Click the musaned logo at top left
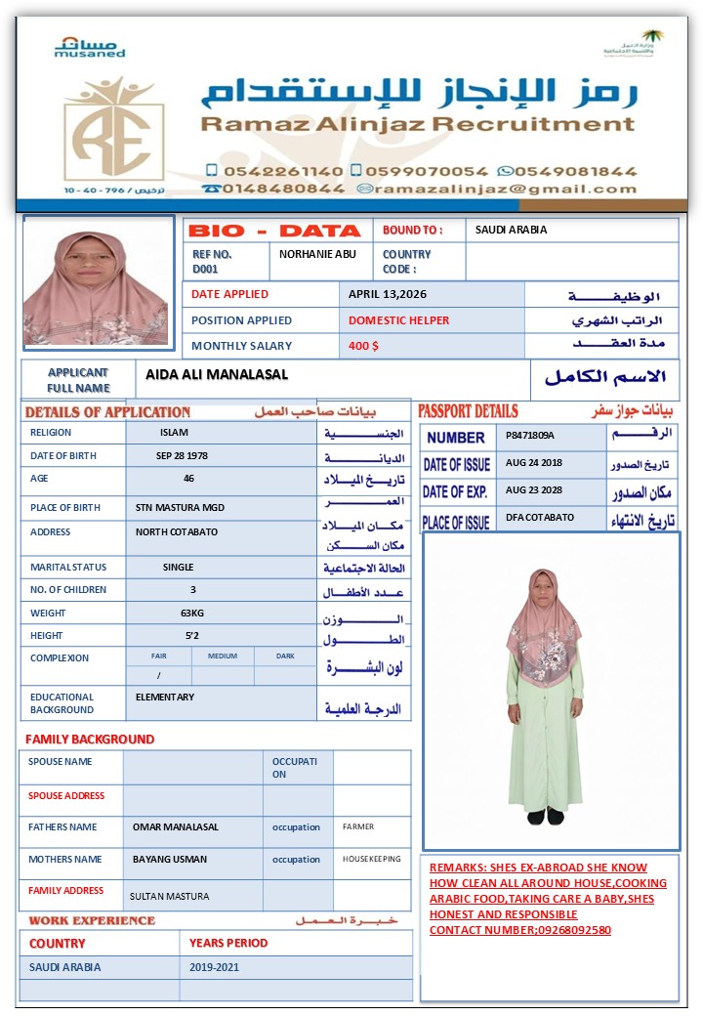click(90, 48)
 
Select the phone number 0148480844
click(283, 189)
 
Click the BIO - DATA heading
click(274, 232)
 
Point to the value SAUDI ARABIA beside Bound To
click(511, 231)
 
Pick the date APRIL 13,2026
click(388, 294)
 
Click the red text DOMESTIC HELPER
click(399, 320)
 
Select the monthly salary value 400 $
click(363, 346)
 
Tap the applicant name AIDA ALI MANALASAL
click(217, 375)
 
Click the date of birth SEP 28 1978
click(182, 456)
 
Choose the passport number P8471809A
click(530, 435)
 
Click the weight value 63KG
click(191, 614)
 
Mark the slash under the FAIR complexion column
click(159, 676)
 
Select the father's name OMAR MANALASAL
click(176, 827)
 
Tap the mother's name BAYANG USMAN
click(170, 860)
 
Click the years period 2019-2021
click(215, 967)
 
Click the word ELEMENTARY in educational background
click(165, 698)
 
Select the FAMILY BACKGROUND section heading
click(90, 740)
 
